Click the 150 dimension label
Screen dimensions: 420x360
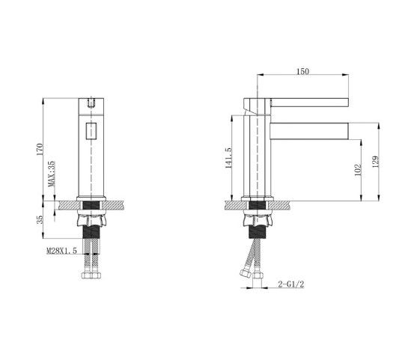click(302, 71)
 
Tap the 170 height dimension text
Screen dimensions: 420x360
click(40, 150)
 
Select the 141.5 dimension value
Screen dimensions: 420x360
click(228, 158)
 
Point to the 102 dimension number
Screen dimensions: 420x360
click(358, 170)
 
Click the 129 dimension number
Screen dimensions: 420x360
click(376, 162)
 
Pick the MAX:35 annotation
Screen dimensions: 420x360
click(51, 174)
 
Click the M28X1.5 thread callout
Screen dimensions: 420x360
click(62, 251)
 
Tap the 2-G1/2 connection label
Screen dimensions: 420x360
click(291, 284)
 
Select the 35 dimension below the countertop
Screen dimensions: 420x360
click(40, 219)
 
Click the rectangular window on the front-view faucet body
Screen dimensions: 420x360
click(91, 131)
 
